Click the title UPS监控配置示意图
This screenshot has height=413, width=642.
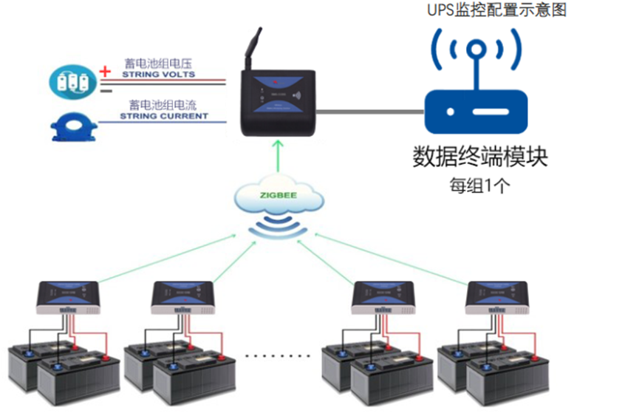497,11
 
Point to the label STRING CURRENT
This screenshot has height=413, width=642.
164,116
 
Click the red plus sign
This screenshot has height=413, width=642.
105,71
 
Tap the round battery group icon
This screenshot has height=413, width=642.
73,81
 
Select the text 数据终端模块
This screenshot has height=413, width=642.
480,157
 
